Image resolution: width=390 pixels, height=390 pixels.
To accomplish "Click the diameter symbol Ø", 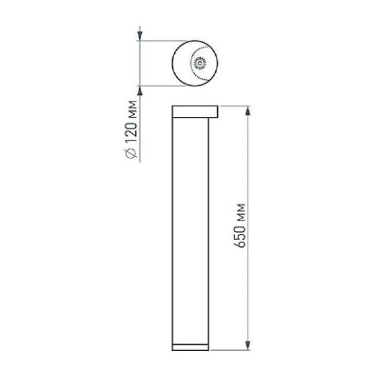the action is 131,153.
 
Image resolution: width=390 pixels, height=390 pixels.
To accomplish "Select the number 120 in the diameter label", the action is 131,132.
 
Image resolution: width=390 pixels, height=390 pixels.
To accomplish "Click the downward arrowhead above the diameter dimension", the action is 140,36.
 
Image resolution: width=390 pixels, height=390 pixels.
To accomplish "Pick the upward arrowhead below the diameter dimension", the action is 140,91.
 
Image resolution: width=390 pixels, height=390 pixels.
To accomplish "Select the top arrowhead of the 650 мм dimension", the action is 247,111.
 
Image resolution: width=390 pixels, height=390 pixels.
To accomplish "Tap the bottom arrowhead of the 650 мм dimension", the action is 247,345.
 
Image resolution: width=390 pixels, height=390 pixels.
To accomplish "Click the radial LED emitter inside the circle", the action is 200,63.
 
